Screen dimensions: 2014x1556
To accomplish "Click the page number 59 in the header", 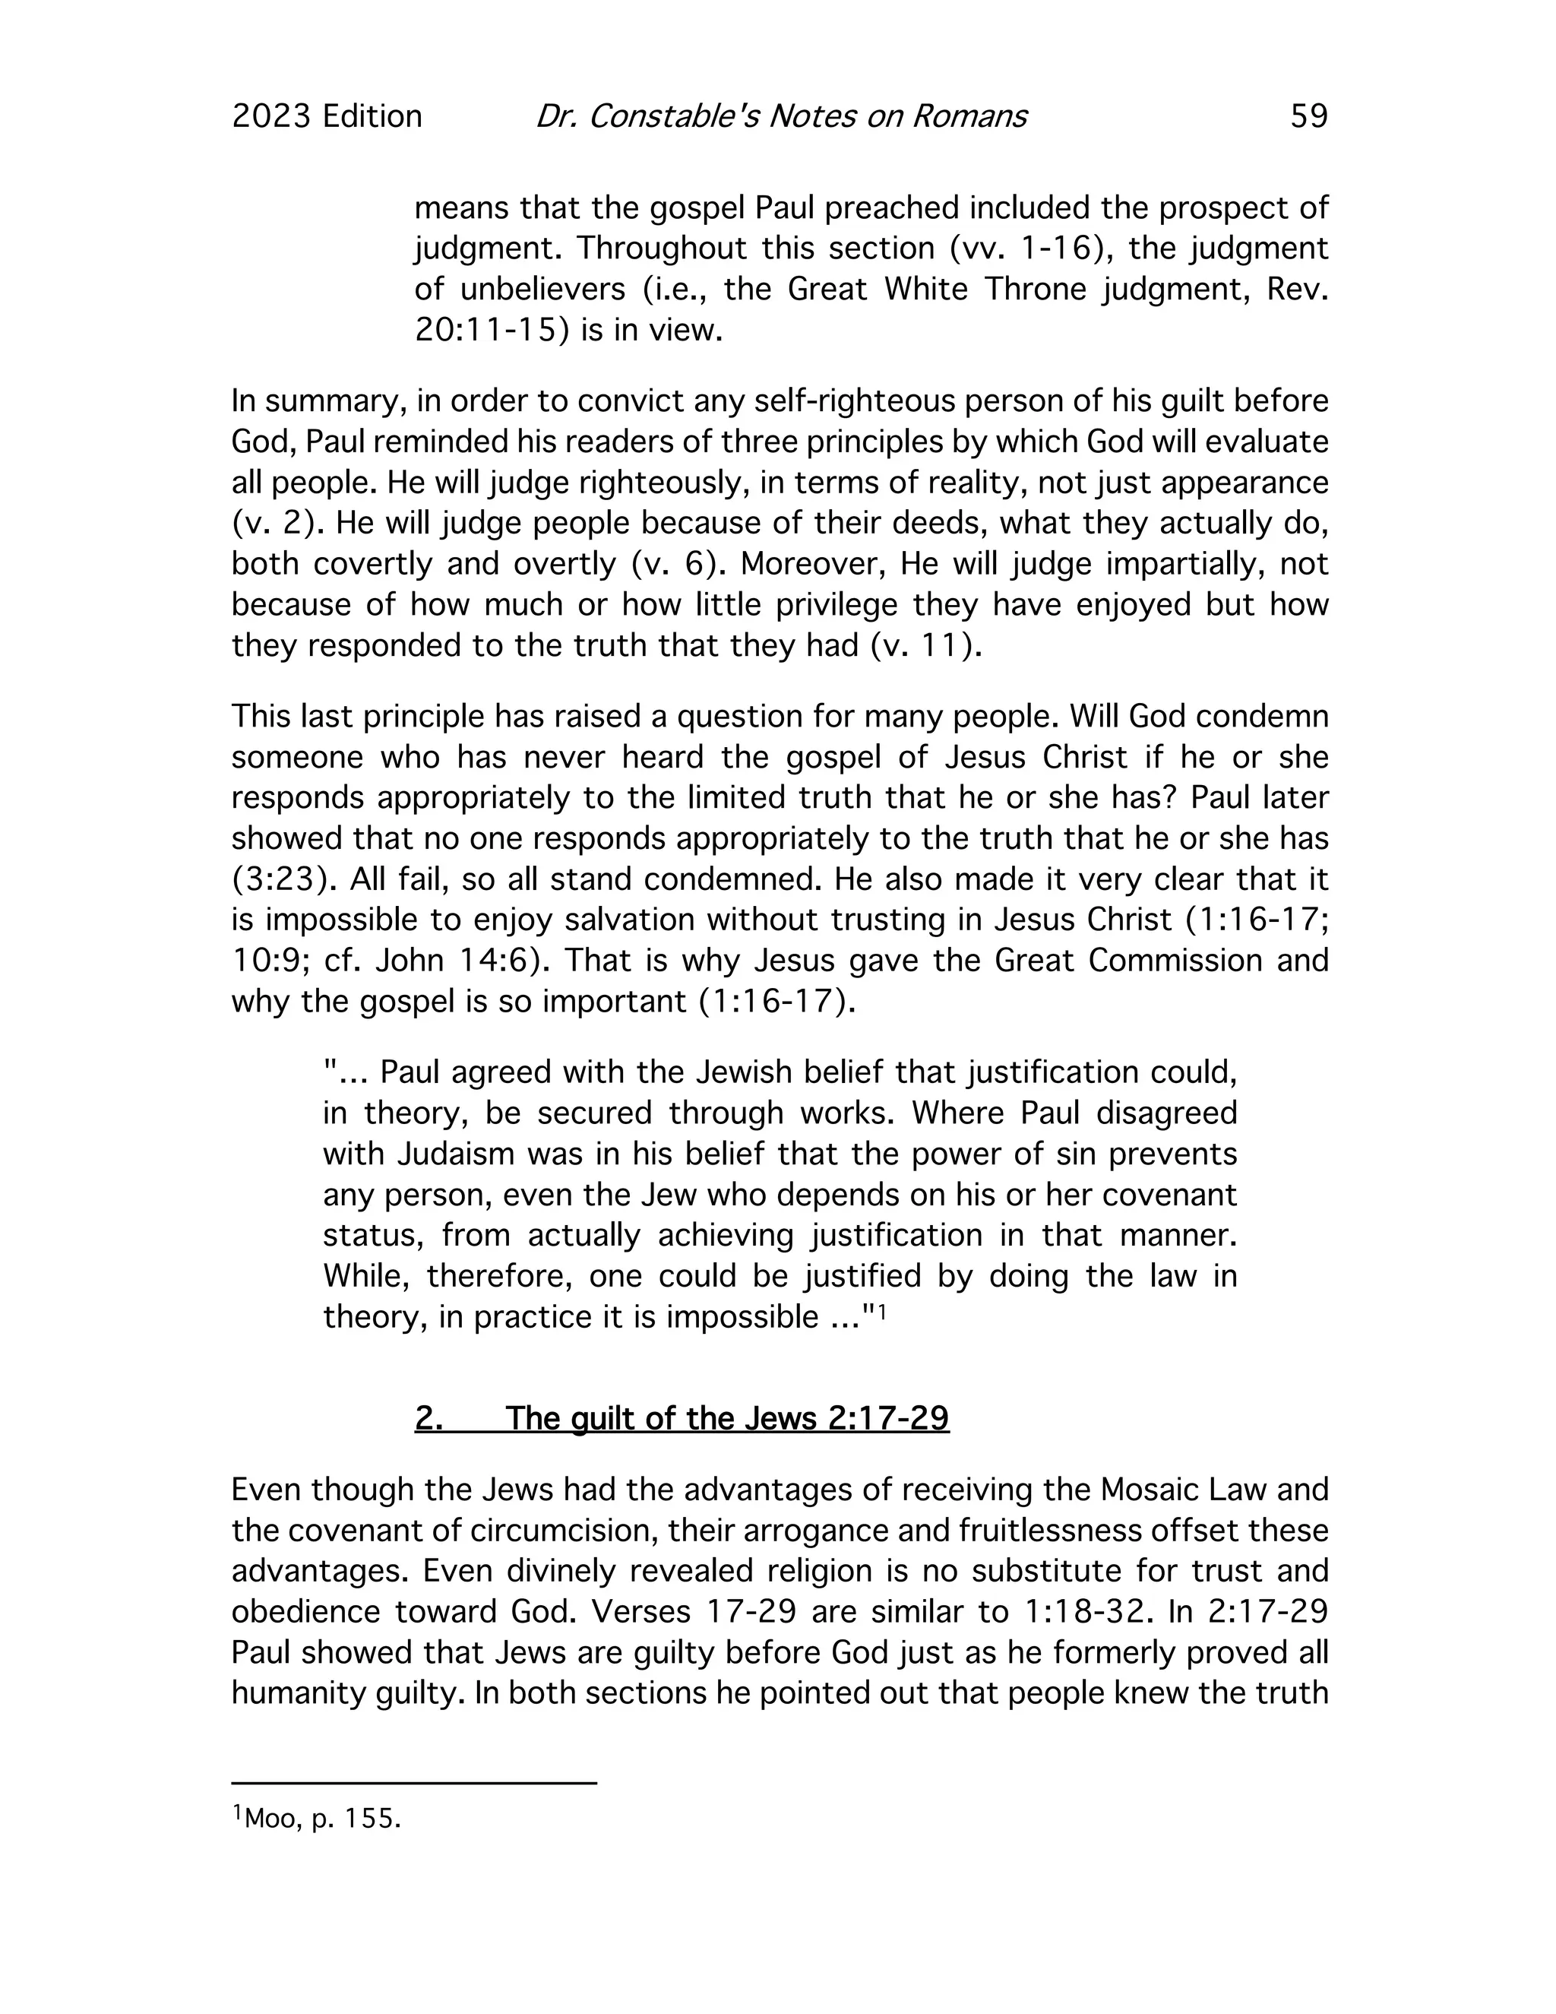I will [x=1308, y=116].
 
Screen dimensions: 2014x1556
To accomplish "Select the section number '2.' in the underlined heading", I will [x=429, y=1417].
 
